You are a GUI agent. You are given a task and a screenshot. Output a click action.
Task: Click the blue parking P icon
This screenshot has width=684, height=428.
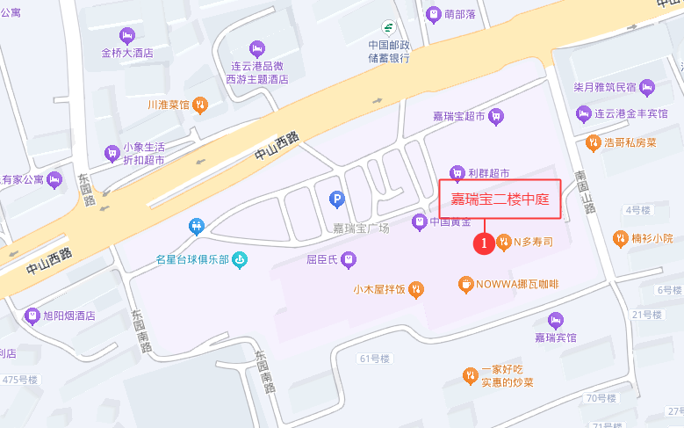pos(335,200)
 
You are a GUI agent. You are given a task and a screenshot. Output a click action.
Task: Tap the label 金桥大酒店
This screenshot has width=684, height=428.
pos(127,53)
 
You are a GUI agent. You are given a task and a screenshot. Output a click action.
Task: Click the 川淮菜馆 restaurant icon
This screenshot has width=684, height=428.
pos(200,105)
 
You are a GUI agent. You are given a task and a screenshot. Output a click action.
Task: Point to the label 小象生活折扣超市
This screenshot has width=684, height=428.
pos(144,153)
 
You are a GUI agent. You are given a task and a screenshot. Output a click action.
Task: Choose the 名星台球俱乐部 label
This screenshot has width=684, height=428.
pos(191,259)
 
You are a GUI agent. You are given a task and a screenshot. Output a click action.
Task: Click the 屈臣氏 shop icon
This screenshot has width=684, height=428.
pos(349,259)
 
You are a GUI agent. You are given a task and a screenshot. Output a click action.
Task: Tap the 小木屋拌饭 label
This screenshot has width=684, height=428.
pos(379,288)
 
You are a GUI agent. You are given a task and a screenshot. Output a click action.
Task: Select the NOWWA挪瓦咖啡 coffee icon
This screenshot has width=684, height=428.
pos(464,284)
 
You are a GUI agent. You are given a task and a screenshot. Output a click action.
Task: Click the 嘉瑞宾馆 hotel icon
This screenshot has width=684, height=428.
pos(555,320)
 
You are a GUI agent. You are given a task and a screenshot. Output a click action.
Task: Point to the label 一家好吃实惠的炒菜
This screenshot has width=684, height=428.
pos(507,376)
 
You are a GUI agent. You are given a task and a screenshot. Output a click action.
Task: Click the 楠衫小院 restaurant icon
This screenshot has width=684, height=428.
pos(620,238)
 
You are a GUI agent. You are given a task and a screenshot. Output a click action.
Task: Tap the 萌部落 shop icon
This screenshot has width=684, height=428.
pos(432,14)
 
